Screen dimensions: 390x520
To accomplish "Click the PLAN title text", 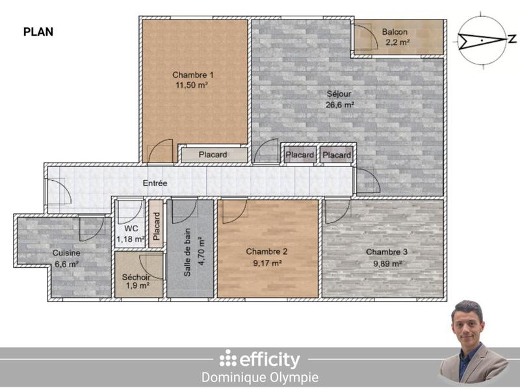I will click(x=38, y=31).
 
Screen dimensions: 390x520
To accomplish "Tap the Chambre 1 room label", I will click(x=193, y=74).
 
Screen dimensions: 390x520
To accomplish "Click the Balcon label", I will click(x=395, y=32).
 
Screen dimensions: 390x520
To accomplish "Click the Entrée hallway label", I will click(x=155, y=184).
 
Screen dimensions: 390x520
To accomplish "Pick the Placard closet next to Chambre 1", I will click(x=213, y=155).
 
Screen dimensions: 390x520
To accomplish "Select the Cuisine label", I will click(x=66, y=253).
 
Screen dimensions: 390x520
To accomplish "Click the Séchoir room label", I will click(x=136, y=277).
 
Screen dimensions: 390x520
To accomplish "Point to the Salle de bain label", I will click(x=187, y=257).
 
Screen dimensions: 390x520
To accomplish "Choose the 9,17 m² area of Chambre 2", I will click(x=266, y=263).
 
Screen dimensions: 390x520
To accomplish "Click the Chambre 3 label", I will click(x=387, y=252).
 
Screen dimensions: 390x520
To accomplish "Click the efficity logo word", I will click(x=269, y=359).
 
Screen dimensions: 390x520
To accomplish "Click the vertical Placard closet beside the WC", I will click(x=156, y=226).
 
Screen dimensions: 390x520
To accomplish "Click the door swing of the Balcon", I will click(x=365, y=37).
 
